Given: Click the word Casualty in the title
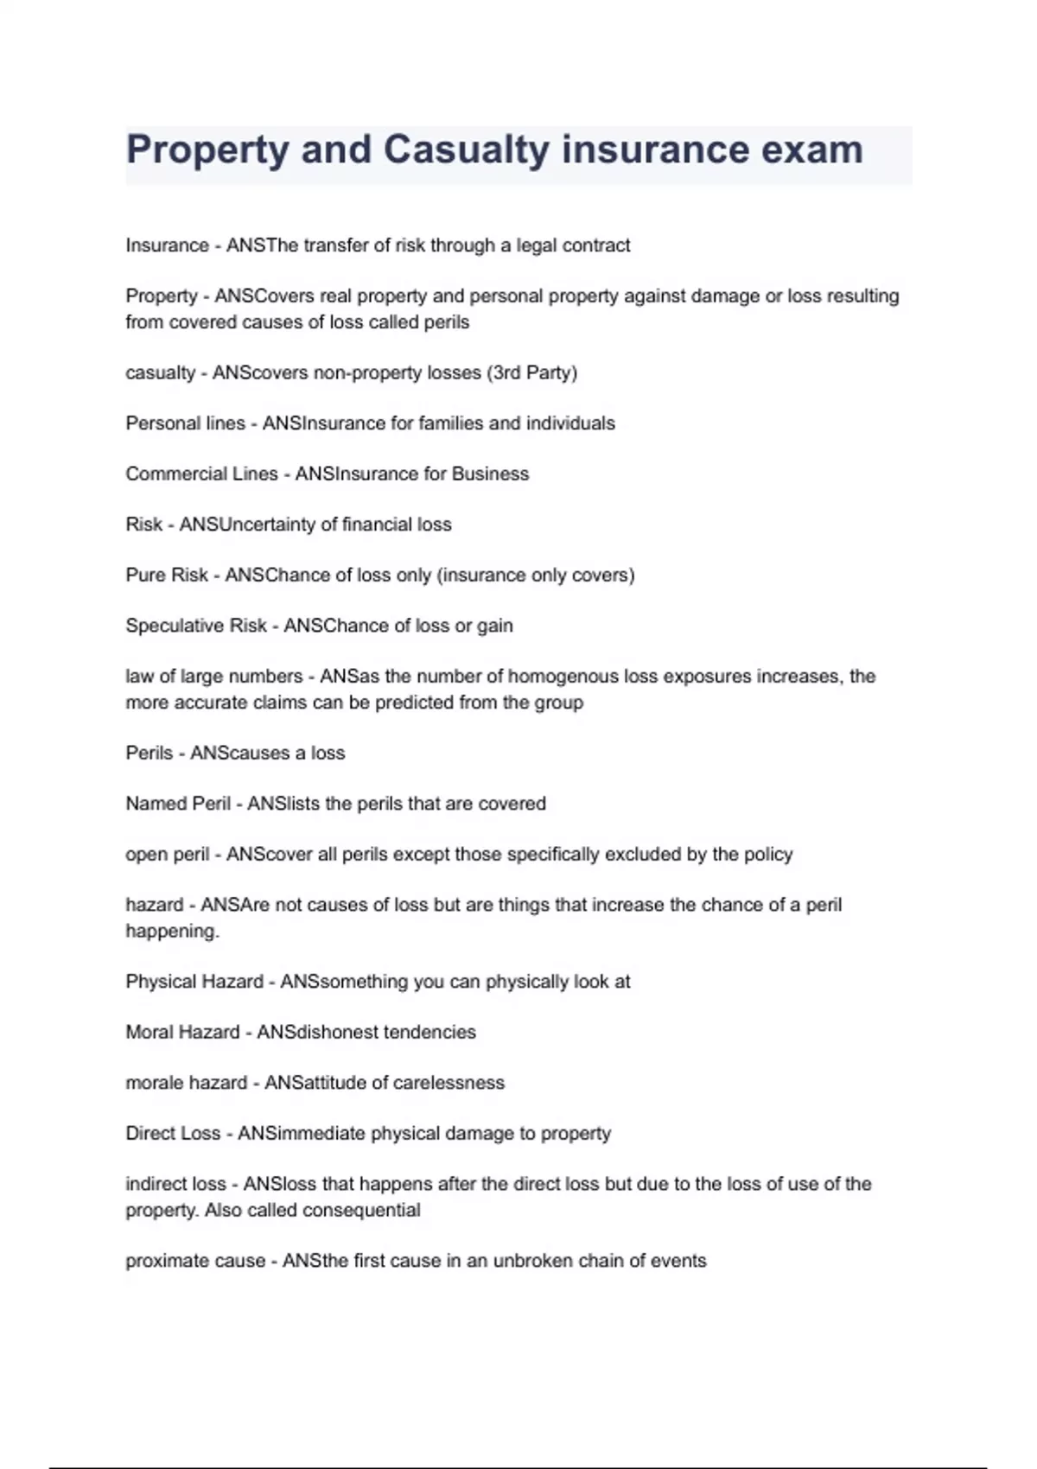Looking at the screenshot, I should pos(466,150).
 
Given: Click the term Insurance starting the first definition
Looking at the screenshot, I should pos(167,245).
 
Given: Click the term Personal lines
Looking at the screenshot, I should pos(185,423).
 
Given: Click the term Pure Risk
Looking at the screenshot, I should pos(167,576).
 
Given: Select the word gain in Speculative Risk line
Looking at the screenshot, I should pos(494,626).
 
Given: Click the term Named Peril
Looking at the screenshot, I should pos(178,804).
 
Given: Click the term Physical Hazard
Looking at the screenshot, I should pos(194,982).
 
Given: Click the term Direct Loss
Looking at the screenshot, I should pos(173,1134).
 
